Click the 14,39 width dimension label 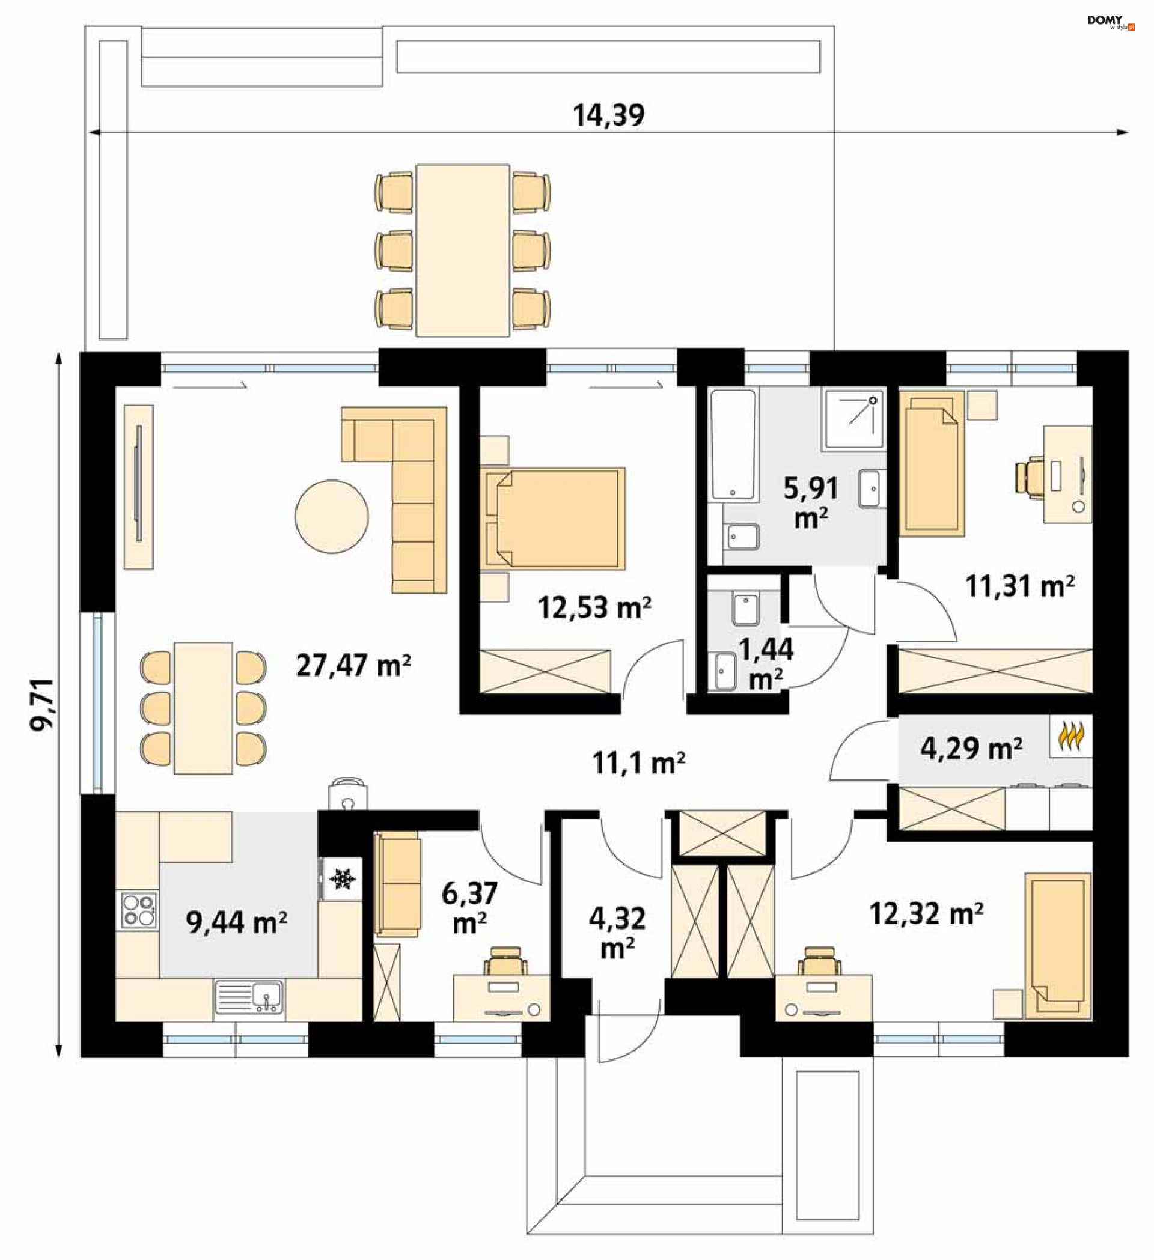[608, 115]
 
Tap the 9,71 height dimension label [43, 704]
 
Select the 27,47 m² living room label [353, 666]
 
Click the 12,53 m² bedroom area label [594, 607]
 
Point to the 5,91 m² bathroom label [811, 503]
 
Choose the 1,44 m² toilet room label [766, 665]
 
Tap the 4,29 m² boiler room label [971, 749]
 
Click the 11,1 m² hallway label [638, 763]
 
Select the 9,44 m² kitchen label [236, 922]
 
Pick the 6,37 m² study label [469, 908]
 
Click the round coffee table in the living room [331, 516]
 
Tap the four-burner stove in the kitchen [139, 910]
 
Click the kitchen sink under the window [249, 996]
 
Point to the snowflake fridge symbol [341, 878]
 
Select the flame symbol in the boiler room [1071, 736]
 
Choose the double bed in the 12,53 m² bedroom [552, 518]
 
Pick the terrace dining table [463, 251]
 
